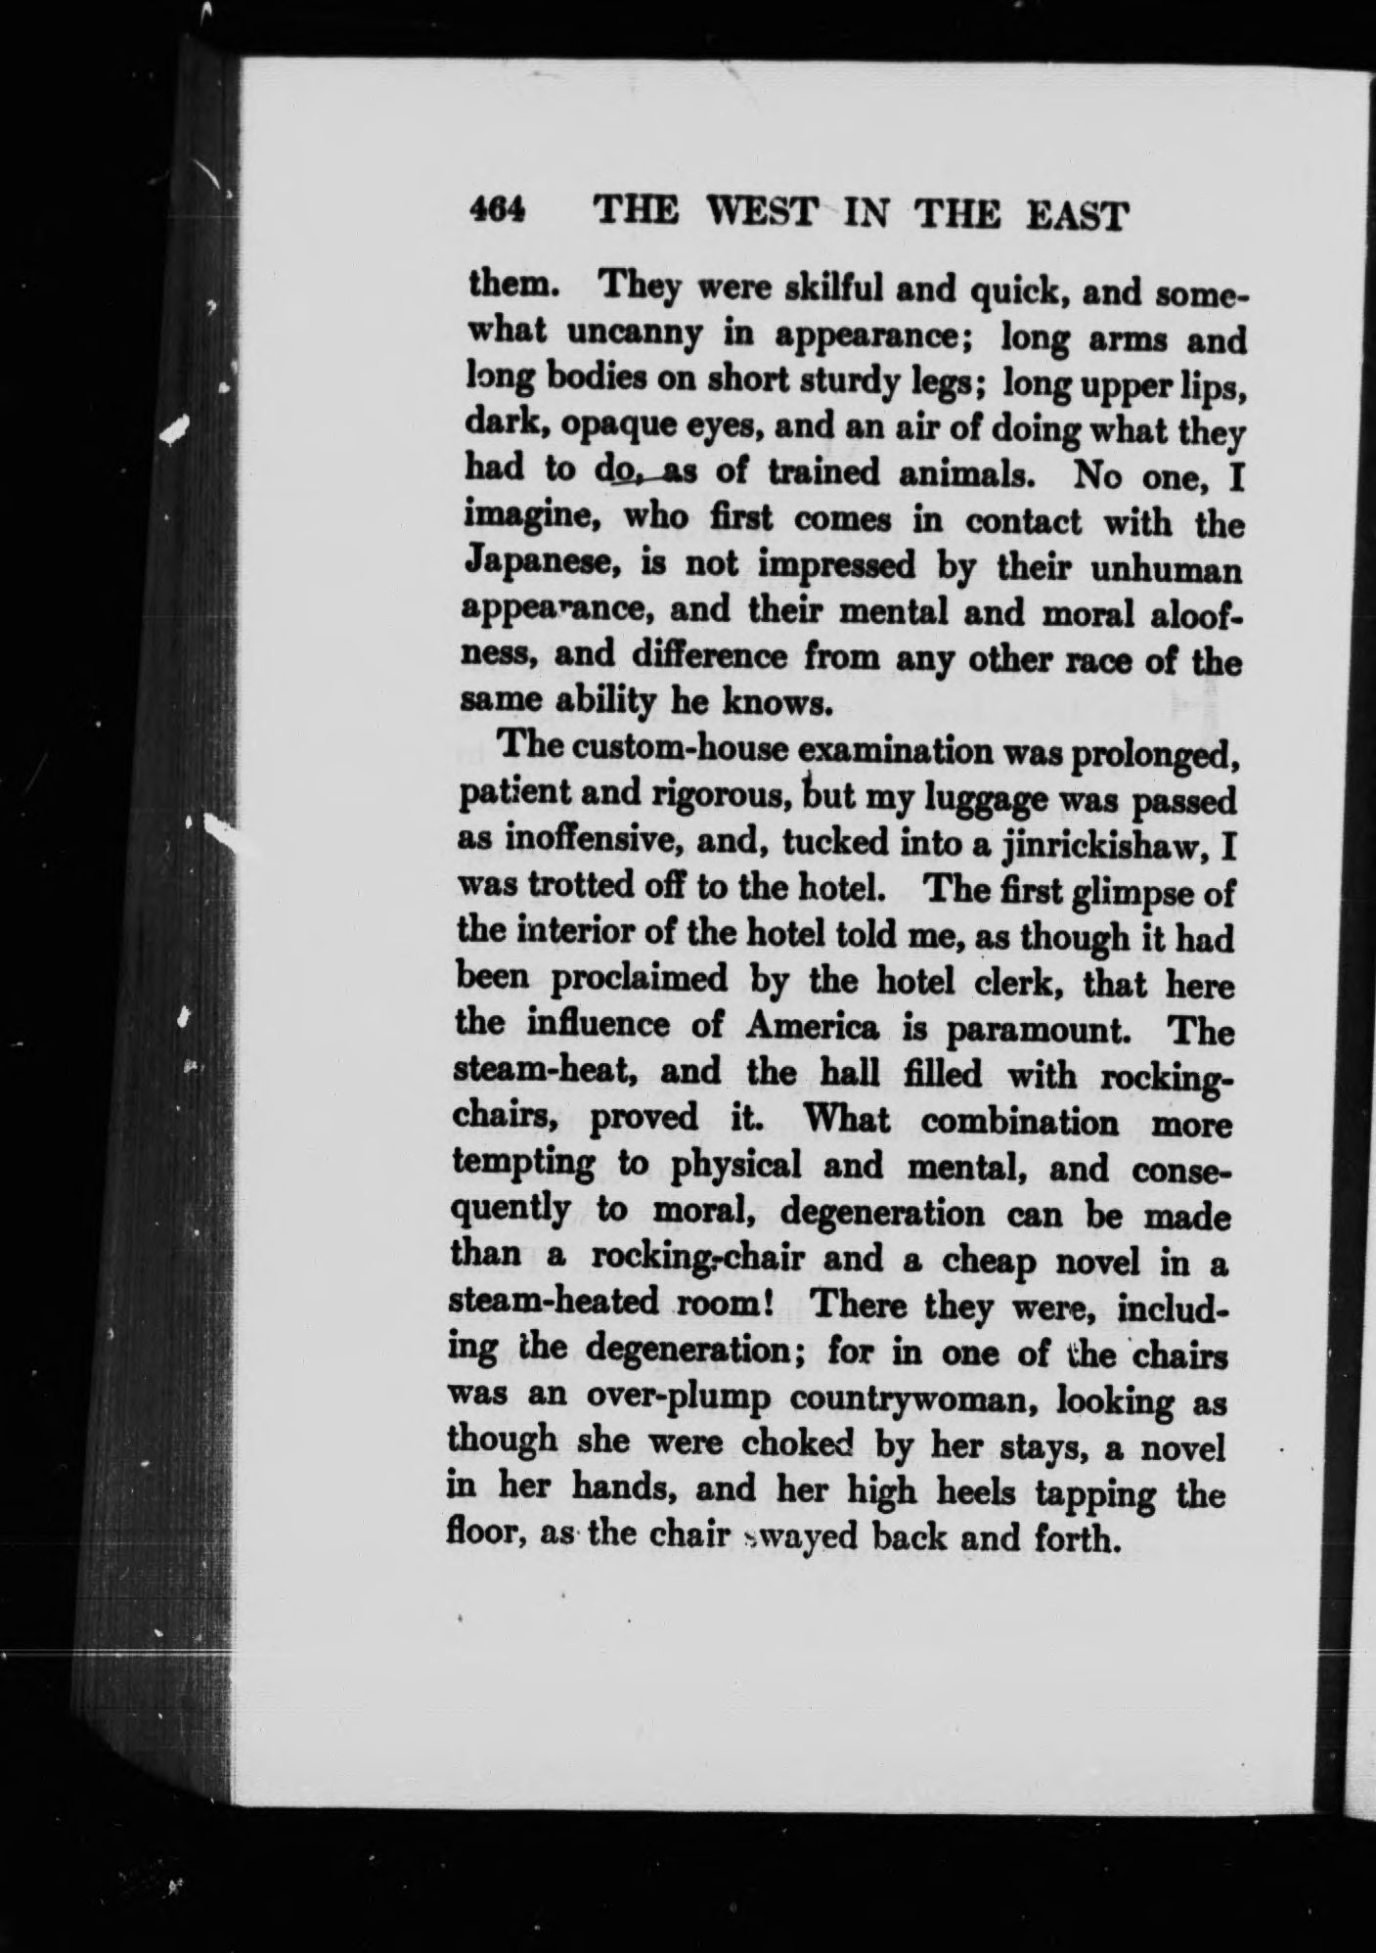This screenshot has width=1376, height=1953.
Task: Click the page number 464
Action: (498, 210)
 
